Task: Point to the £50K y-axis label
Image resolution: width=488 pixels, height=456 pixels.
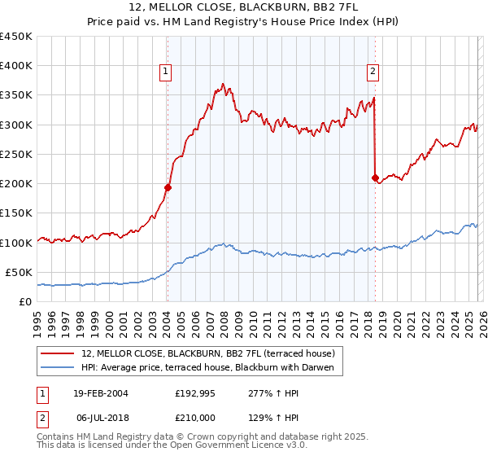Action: tap(19, 272)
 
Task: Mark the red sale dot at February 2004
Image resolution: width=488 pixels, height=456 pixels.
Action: tap(168, 187)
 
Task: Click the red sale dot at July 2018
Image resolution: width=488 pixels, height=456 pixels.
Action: tap(374, 178)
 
